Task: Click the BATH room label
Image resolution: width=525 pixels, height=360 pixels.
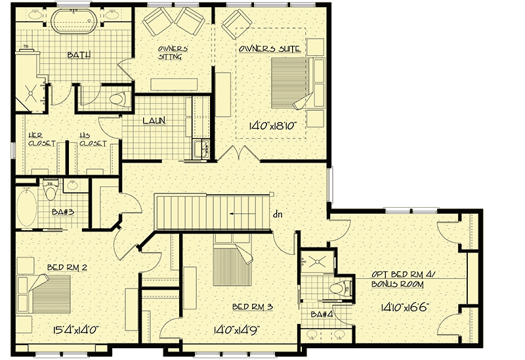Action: (79, 56)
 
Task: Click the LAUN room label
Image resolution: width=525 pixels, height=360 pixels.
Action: (156, 120)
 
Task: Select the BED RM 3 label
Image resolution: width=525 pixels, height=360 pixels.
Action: (251, 307)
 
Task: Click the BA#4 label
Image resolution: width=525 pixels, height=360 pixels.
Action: (321, 313)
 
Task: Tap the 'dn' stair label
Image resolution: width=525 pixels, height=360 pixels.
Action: (278, 213)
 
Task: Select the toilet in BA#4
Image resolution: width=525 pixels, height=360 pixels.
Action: (340, 287)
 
